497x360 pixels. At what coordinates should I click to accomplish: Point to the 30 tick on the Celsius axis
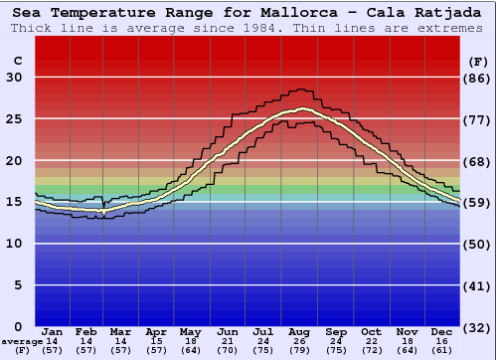point(14,79)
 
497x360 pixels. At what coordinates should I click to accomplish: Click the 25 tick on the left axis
point(14,119)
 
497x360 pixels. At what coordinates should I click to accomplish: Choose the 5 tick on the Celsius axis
point(18,285)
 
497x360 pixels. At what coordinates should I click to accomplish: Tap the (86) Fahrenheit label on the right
point(478,79)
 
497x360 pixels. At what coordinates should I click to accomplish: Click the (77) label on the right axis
point(478,119)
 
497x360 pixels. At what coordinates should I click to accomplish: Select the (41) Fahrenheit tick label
point(478,285)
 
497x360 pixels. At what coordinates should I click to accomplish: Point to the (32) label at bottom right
point(478,327)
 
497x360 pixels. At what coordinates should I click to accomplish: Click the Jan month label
point(52,331)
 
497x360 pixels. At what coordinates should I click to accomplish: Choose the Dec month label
point(442,331)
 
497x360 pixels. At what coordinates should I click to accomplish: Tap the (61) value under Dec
point(442,350)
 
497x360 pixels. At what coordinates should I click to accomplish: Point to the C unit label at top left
point(17,61)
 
